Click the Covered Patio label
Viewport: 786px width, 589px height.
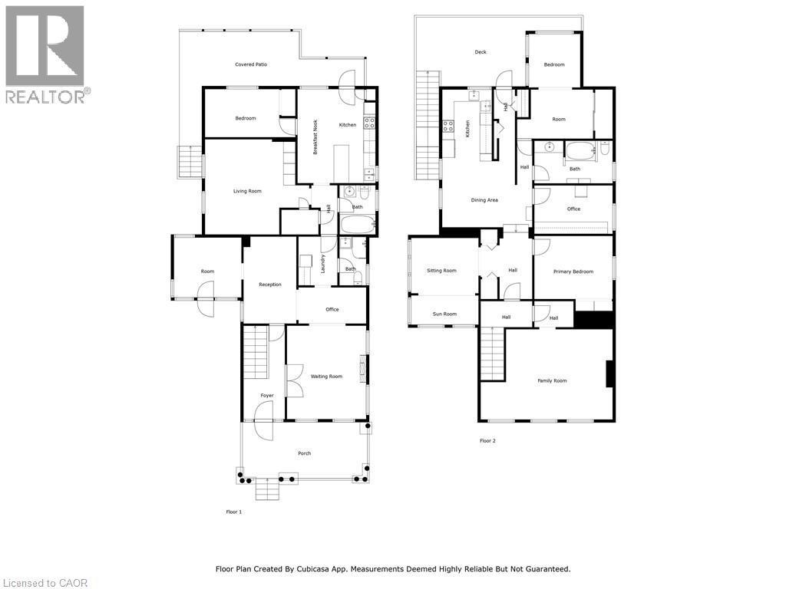pos(251,64)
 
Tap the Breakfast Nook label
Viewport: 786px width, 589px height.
pos(315,137)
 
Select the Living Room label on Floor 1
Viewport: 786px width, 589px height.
pos(247,191)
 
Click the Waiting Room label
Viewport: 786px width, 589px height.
pos(326,377)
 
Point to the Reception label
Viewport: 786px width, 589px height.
pos(270,285)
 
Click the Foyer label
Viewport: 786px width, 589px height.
pos(267,396)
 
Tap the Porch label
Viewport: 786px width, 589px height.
pos(305,453)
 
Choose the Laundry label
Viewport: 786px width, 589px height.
pos(324,264)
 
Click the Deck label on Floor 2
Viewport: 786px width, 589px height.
pos(481,52)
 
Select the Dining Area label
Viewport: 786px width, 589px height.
pos(484,200)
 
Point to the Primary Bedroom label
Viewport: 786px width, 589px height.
pos(573,271)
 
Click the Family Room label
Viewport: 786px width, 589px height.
pos(552,380)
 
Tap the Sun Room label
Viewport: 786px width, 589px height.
pos(444,314)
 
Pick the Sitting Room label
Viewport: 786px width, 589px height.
pos(441,271)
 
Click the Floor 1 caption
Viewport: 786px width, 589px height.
pos(234,512)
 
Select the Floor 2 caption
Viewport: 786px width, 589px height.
pos(487,441)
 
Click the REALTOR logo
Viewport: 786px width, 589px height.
pos(45,54)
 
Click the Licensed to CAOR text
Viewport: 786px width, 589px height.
pos(45,583)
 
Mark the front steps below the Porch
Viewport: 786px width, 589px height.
pos(266,489)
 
